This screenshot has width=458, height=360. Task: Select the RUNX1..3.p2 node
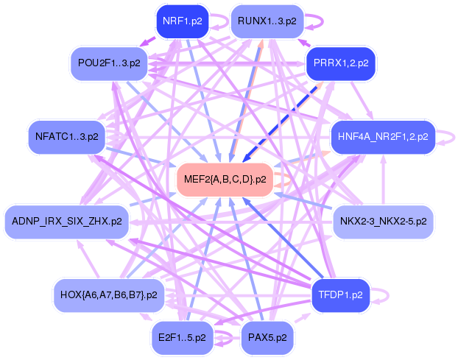tap(267, 21)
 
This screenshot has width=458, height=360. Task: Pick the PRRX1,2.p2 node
tap(340, 63)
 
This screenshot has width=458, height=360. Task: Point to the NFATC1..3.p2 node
tap(66, 136)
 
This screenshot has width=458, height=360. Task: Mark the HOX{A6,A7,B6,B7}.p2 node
tap(108, 294)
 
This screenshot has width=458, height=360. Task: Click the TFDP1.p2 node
tap(341, 294)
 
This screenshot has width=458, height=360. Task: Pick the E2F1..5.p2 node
tap(181, 336)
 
